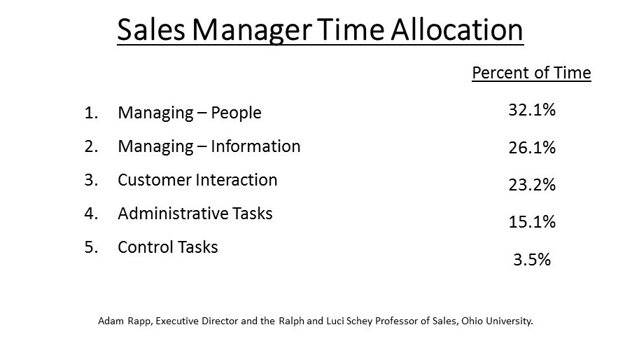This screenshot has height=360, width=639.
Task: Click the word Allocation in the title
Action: (457, 29)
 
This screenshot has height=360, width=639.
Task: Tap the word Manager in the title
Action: (252, 32)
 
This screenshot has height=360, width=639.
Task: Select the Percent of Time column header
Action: (531, 73)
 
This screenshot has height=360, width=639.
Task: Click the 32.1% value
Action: (532, 110)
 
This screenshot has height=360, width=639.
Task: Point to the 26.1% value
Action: (532, 147)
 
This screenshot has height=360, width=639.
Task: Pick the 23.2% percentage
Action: (532, 185)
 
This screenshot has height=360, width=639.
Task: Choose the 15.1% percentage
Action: (532, 222)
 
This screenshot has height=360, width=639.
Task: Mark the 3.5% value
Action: (532, 259)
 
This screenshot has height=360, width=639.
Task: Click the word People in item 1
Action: (236, 113)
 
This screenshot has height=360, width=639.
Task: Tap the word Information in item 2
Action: (255, 146)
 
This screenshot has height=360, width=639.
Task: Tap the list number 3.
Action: (91, 180)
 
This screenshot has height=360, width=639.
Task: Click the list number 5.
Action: (91, 247)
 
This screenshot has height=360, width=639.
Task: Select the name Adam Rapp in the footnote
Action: (125, 321)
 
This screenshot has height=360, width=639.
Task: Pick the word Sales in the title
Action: (151, 29)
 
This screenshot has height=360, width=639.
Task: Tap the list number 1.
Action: (91, 113)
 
